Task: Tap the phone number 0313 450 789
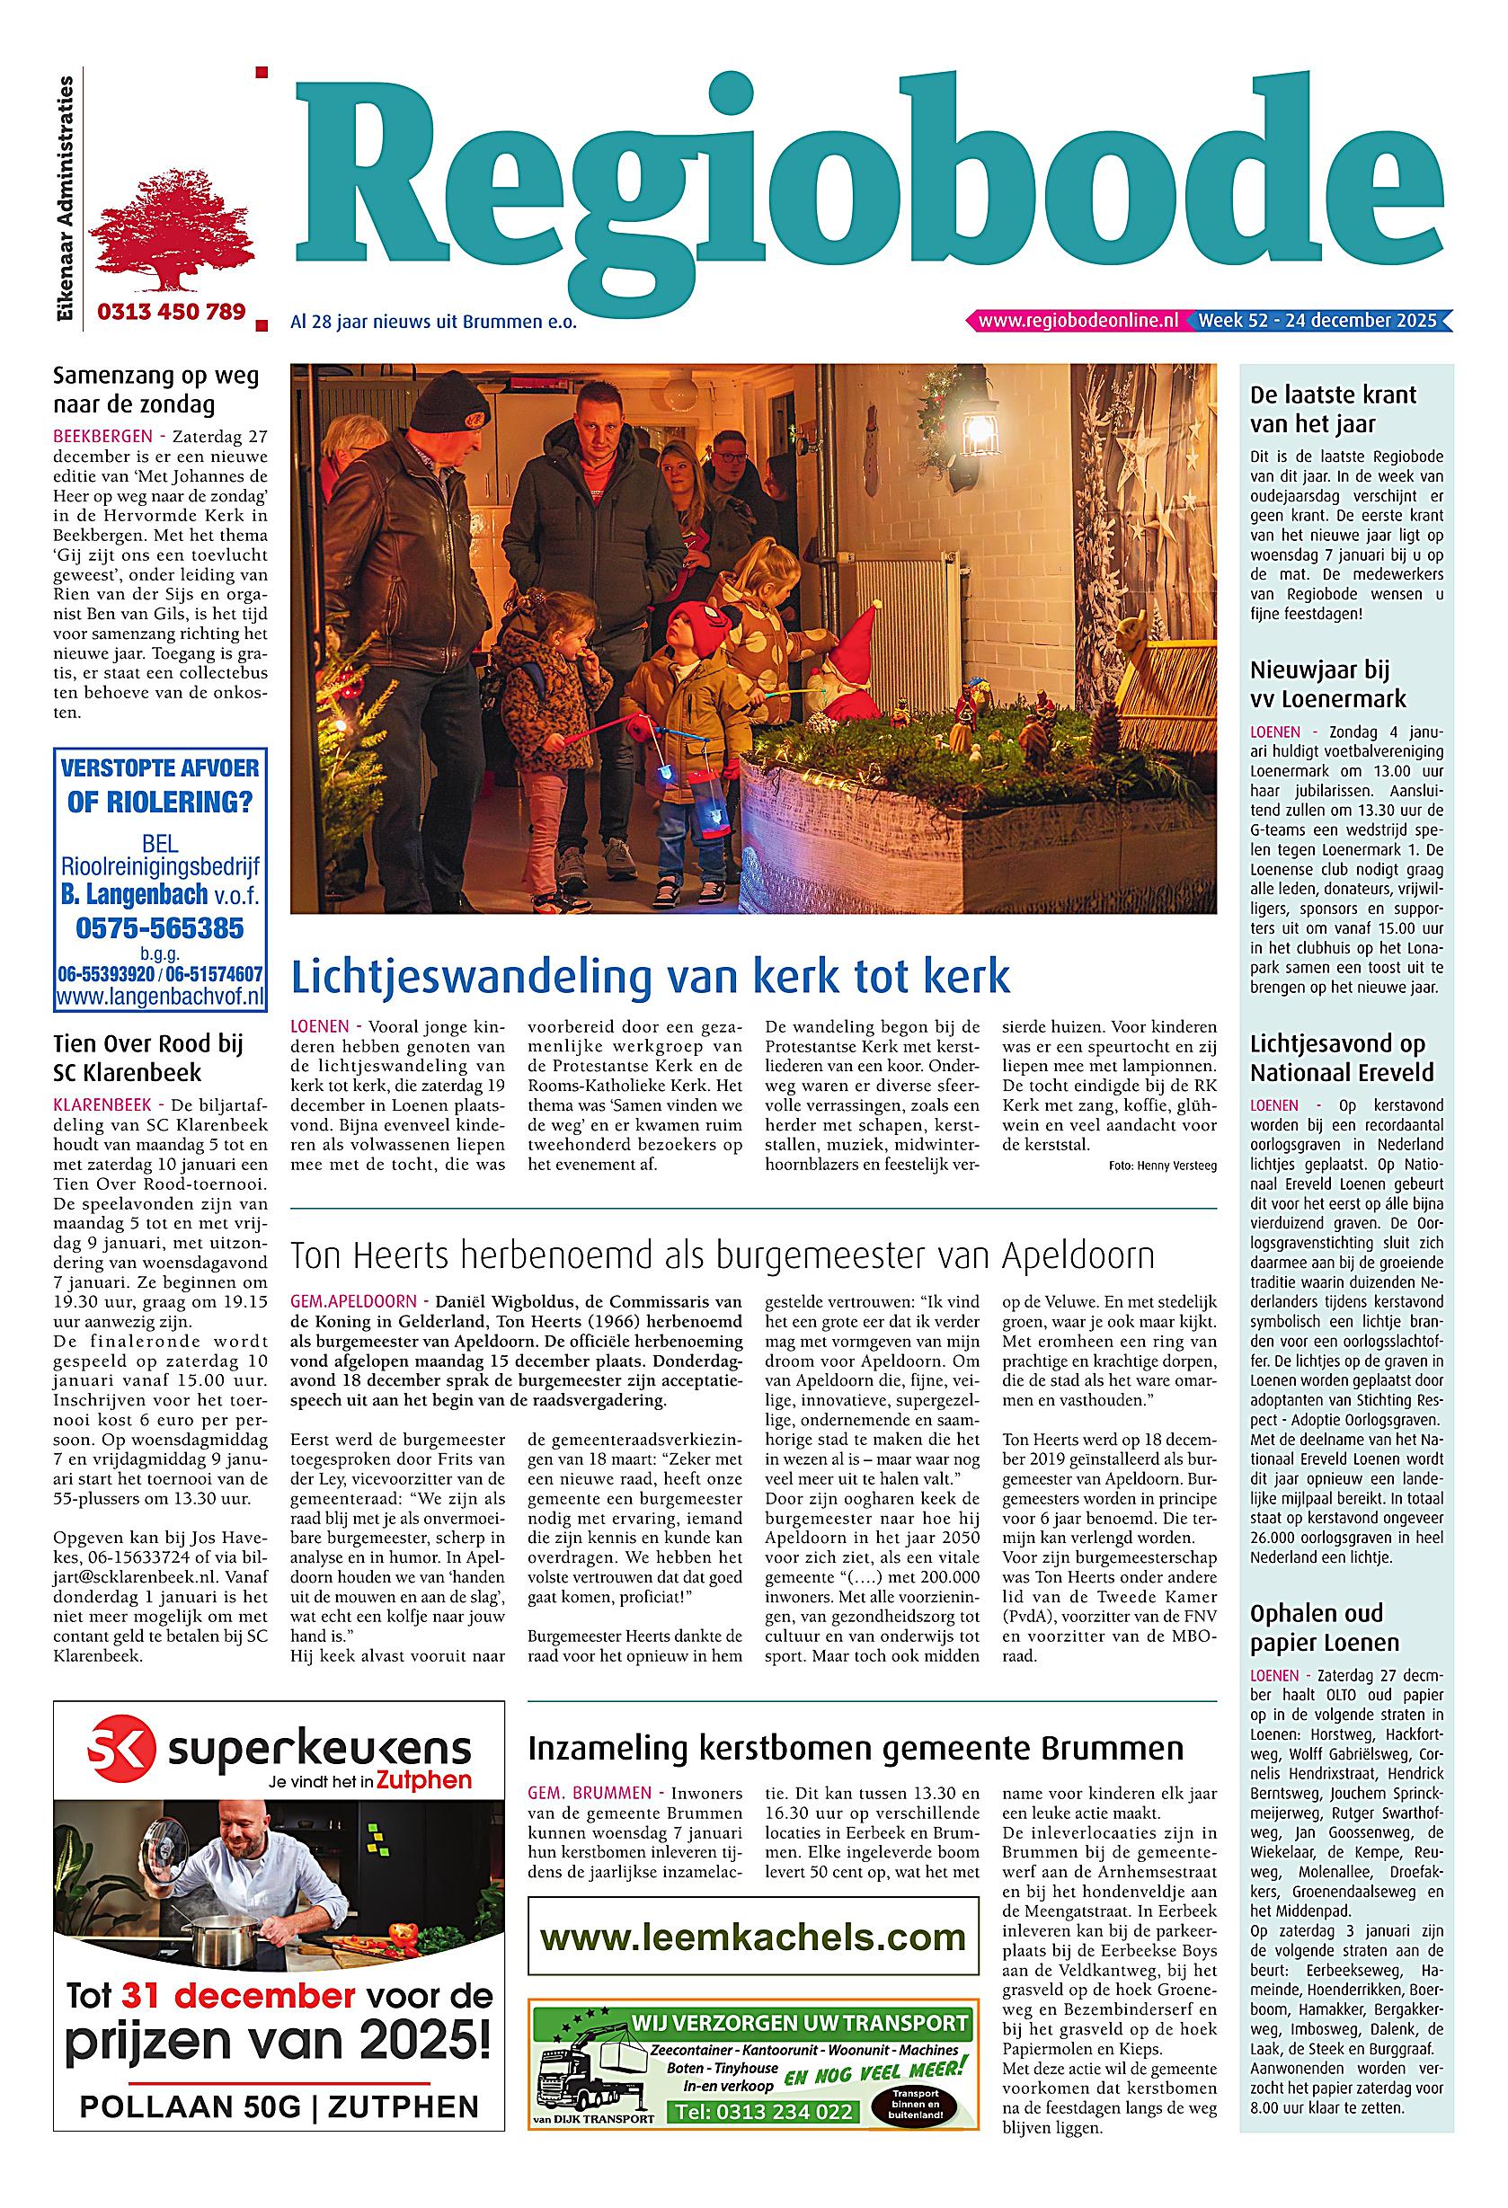(x=171, y=311)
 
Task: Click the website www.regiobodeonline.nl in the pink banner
(x=1078, y=321)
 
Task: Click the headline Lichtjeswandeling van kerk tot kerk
(x=650, y=977)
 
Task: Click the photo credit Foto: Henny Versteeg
(x=1162, y=1166)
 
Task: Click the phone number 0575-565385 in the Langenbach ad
(x=159, y=927)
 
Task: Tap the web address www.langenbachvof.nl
(x=160, y=998)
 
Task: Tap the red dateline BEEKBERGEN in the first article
(x=102, y=436)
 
